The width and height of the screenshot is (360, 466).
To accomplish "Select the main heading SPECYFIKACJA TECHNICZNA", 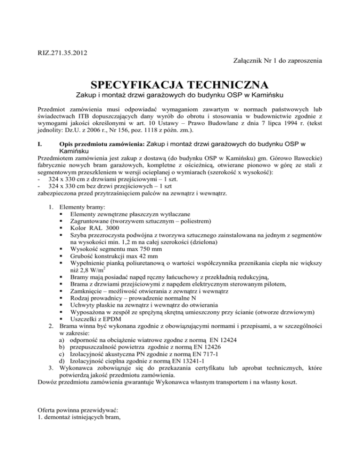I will click(x=180, y=85).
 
